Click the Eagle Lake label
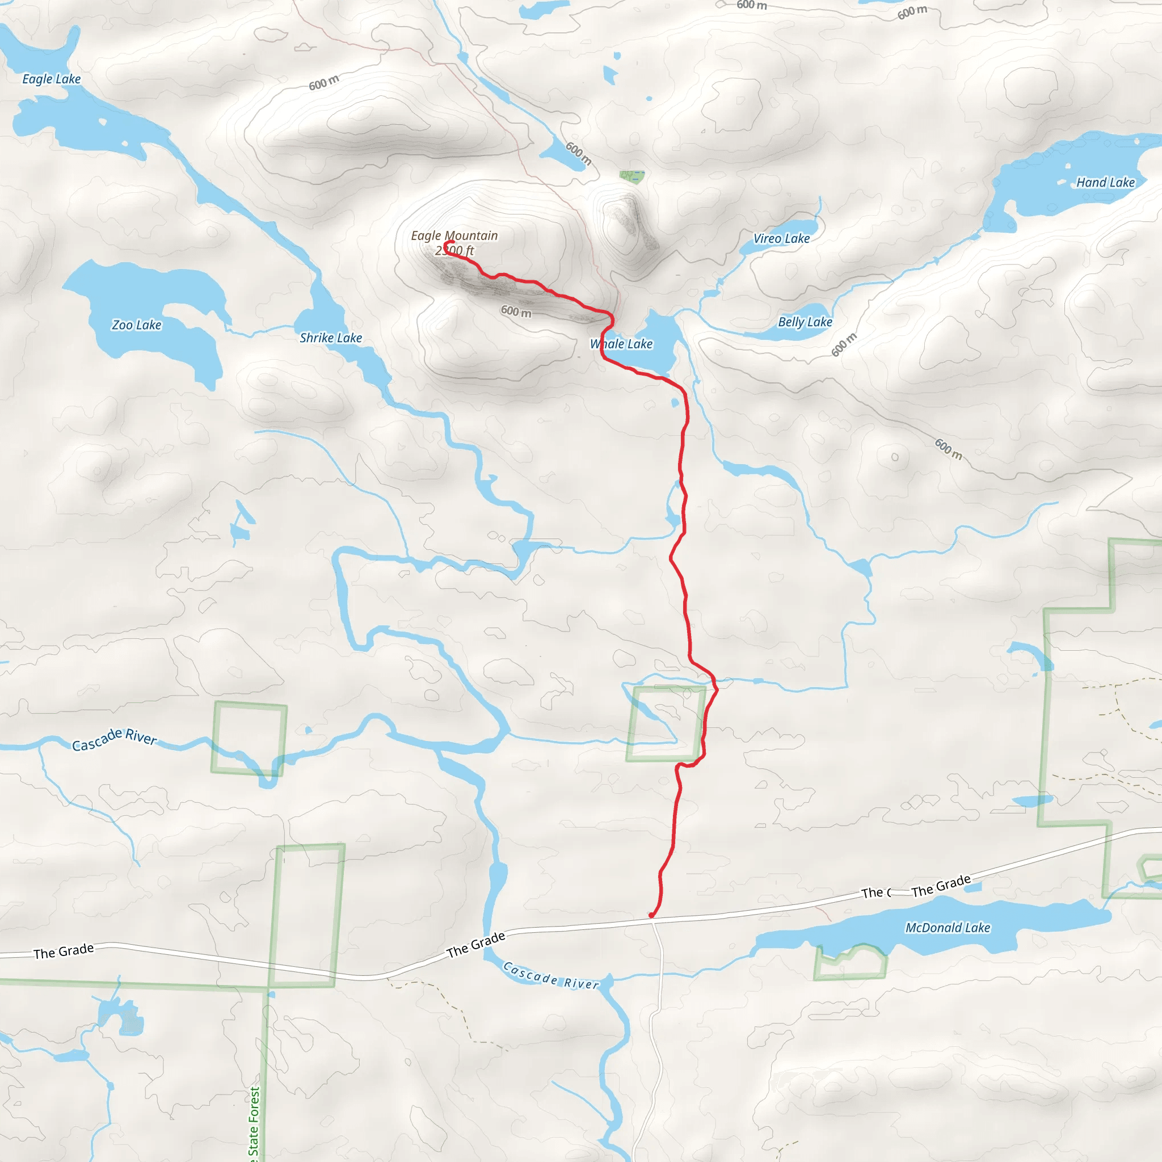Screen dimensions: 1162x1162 pos(51,79)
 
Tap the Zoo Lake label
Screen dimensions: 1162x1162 pos(137,325)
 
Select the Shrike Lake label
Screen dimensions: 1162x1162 pos(331,338)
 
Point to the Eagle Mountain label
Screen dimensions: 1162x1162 pos(454,236)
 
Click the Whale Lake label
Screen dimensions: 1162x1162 pos(621,344)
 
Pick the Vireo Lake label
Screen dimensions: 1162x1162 pos(781,239)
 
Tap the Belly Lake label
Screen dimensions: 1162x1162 pos(805,322)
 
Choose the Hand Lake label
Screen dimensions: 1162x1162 pos(1105,182)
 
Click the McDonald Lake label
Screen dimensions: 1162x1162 pos(948,928)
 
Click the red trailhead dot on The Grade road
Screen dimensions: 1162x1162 pos(651,915)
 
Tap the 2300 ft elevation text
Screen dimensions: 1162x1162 pos(454,251)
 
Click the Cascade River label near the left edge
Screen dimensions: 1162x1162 pos(114,739)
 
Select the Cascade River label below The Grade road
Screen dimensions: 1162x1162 pos(551,975)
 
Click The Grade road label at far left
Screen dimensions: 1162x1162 pos(64,951)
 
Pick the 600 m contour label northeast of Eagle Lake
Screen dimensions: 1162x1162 pos(323,82)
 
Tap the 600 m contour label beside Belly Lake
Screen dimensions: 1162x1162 pos(844,344)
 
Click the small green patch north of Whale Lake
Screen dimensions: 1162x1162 pos(631,176)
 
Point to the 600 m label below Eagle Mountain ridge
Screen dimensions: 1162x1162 pos(516,311)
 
